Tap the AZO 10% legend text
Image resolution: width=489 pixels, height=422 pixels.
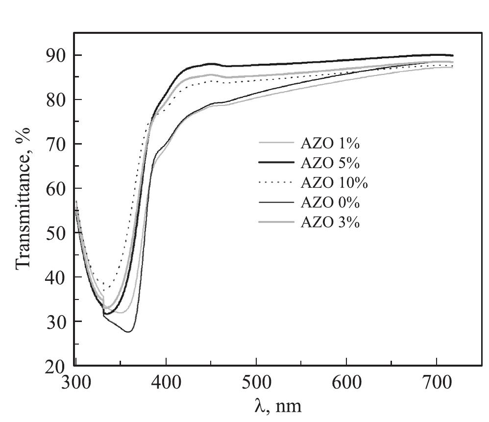(x=334, y=183)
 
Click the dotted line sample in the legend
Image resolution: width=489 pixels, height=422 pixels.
(x=276, y=183)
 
